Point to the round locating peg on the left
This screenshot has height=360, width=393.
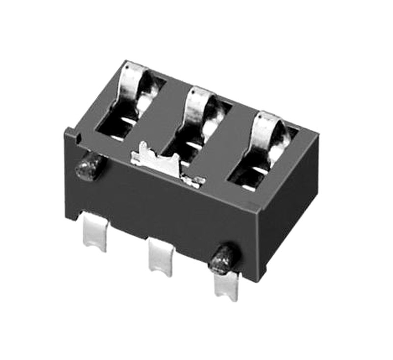click(x=88, y=166)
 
